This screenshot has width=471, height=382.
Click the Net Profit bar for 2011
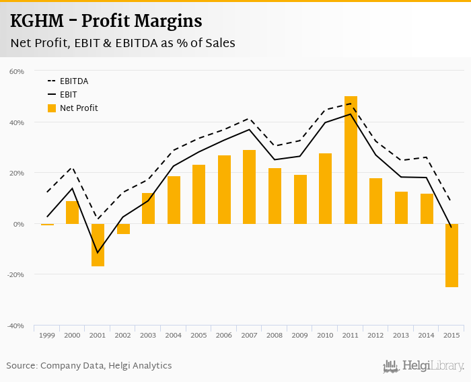(351, 160)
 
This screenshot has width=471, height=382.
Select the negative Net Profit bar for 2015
(451, 256)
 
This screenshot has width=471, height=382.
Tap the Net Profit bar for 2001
(98, 245)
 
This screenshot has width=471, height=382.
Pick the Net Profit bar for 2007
(250, 187)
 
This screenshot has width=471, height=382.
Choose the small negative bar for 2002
(123, 229)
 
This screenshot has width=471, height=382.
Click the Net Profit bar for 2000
(73, 213)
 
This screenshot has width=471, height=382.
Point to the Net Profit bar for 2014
(427, 208)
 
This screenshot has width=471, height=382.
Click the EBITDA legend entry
(74, 81)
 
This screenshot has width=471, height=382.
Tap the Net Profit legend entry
(79, 108)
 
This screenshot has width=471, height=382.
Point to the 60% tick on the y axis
(17, 71)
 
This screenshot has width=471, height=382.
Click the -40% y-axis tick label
(15, 326)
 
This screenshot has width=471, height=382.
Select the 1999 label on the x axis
(47, 335)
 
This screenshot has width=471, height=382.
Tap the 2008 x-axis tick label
(275, 335)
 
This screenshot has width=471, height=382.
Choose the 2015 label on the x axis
(451, 335)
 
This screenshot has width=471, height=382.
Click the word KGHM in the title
(38, 22)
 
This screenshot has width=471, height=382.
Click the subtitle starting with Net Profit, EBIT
(122, 43)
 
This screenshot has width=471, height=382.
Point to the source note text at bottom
(89, 366)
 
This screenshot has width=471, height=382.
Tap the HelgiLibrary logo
(424, 366)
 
